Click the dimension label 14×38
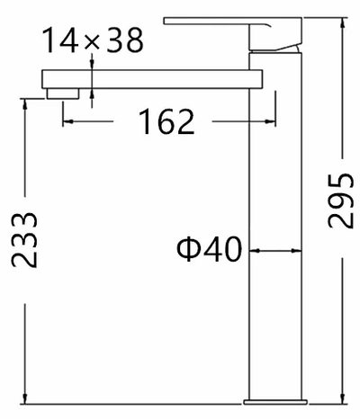pos(93,40)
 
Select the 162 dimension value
pos(166,121)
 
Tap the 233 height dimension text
pos(24,240)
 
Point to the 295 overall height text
pos(340,201)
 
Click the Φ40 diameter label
pos(210,249)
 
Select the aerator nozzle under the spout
pos(63,94)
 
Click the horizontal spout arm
pos(152,79)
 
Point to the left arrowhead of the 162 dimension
pos(67,121)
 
